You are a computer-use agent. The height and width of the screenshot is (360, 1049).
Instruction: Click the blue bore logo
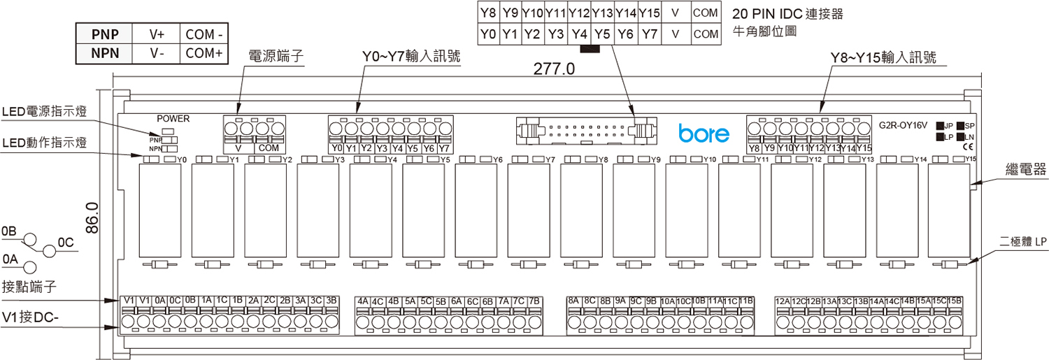(x=704, y=133)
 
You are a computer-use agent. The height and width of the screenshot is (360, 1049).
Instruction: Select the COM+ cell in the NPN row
(x=204, y=53)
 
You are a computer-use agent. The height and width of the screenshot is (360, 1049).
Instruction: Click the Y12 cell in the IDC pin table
(x=579, y=13)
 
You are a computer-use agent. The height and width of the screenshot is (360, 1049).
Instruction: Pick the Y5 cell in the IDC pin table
(x=602, y=34)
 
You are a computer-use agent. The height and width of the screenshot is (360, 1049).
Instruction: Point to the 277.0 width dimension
(x=553, y=69)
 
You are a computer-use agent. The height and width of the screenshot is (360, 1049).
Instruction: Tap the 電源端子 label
(x=277, y=57)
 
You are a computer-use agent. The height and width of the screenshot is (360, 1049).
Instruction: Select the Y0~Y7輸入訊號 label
(x=411, y=57)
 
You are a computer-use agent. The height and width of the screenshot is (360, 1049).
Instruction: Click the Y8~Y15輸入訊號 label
(x=883, y=57)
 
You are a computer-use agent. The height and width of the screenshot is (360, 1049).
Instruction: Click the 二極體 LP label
(x=1025, y=241)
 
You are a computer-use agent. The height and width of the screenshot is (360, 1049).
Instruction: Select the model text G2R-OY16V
(x=903, y=125)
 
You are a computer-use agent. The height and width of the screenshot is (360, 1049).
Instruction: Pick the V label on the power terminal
(x=238, y=148)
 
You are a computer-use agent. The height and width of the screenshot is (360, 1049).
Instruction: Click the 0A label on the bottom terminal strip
(x=160, y=301)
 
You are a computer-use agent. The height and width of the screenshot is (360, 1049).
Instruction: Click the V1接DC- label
(x=32, y=318)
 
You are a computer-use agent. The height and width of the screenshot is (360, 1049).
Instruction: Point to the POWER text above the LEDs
(x=173, y=119)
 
